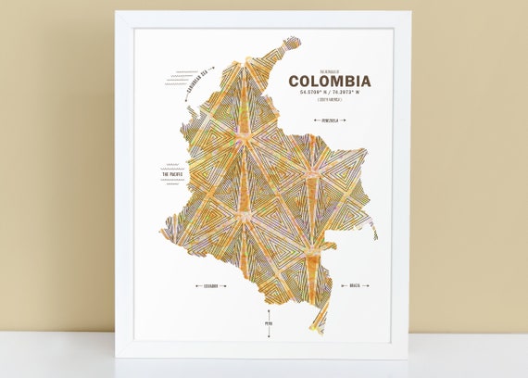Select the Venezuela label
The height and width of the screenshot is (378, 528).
tap(329, 120)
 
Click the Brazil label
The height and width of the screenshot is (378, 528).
tap(355, 286)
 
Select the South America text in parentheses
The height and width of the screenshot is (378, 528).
tap(329, 106)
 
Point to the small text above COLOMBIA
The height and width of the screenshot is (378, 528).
tap(329, 69)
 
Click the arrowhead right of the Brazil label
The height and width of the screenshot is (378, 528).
tap(371, 286)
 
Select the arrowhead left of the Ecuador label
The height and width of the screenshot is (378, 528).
tap(195, 286)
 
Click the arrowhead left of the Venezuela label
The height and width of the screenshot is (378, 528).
tap(314, 120)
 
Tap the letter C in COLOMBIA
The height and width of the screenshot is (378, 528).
tap(294, 82)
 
